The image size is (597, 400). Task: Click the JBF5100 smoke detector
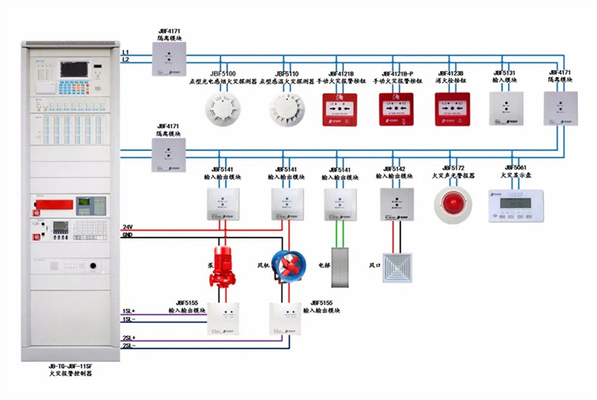click(x=220, y=109)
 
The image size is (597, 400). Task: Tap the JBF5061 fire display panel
click(x=515, y=205)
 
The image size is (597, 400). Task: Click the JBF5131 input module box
click(x=506, y=108)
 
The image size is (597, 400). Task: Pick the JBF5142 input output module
click(x=397, y=204)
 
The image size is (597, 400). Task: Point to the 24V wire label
click(x=128, y=227)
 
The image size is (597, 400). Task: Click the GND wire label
click(x=128, y=235)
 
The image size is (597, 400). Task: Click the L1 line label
click(x=125, y=51)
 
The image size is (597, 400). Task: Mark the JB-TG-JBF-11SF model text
click(x=73, y=365)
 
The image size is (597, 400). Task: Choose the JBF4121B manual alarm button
click(x=341, y=109)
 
